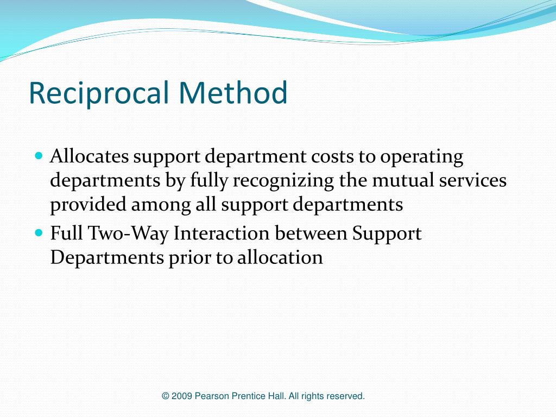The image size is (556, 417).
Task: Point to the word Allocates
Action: (90, 156)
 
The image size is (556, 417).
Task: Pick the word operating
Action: (422, 157)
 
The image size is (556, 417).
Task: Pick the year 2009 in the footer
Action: (182, 396)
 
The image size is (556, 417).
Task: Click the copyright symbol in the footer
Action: (165, 396)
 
